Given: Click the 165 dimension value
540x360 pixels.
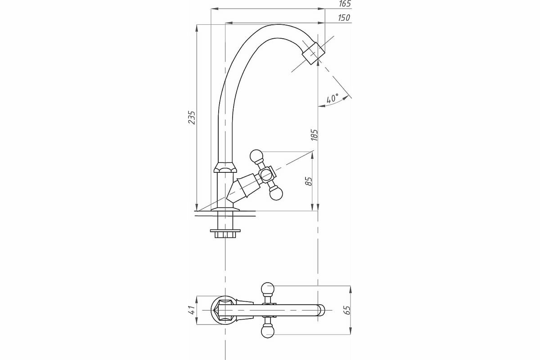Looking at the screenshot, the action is click(345, 4).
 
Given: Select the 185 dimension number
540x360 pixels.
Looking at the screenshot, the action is click(315, 135).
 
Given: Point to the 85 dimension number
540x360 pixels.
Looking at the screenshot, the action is click(309, 181).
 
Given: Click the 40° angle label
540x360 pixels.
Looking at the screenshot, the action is click(333, 99).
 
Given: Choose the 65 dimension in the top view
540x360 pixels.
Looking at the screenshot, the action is click(346, 310).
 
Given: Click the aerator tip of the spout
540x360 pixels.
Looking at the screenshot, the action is click(313, 54).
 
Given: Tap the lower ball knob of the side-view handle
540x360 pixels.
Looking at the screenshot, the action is click(276, 193).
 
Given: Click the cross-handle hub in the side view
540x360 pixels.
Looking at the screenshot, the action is click(266, 175).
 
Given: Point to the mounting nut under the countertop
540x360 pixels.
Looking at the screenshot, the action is click(225, 234).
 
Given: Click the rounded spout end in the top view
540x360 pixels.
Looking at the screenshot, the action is click(320, 310).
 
